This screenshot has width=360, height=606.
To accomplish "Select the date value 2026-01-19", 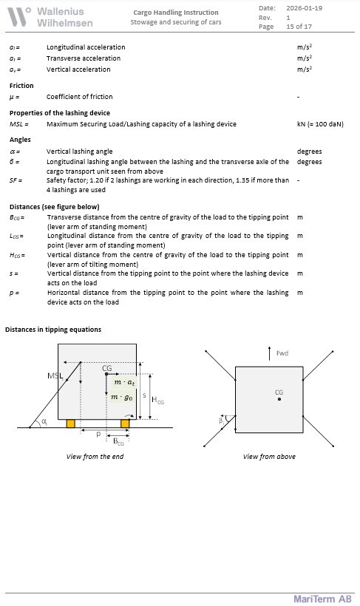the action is point(304,8).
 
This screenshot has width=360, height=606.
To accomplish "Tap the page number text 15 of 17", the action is point(299,27).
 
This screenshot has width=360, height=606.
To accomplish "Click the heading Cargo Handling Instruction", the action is point(176,13).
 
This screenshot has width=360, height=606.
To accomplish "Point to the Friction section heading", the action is point(21,86).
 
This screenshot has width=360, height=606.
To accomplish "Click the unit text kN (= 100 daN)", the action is point(320,124).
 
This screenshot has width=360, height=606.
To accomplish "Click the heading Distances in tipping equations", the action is point(53,330).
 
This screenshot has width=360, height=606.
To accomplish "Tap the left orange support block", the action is point(70,423).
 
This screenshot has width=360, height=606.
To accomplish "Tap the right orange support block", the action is point(125,423).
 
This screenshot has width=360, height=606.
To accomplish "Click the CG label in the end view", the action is point(107,368).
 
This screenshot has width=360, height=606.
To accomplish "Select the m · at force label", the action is point(124,383).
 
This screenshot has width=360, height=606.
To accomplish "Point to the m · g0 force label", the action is point(122,397).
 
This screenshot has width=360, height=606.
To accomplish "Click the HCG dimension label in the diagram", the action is point(157,400).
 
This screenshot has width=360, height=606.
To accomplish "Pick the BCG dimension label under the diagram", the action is point(119,441).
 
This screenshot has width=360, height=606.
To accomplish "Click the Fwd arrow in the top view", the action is point(270,353).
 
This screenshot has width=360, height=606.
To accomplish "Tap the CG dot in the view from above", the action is point(279,399).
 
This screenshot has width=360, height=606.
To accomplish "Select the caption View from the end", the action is point(95,457).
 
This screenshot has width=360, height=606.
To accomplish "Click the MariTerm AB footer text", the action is point(322,599).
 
